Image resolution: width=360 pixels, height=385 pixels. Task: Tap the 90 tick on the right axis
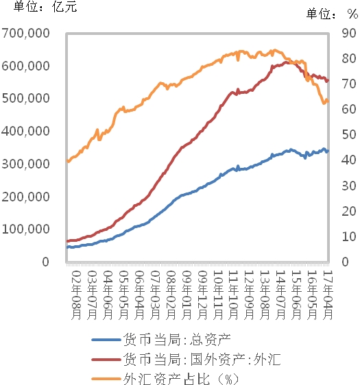(x=348, y=33)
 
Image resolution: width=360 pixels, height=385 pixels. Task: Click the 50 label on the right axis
(x=348, y=135)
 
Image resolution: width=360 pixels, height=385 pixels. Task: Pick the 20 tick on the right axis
(x=348, y=211)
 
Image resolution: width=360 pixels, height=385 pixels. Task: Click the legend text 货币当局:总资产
(x=176, y=340)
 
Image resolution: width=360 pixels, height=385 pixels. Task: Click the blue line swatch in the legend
(x=105, y=340)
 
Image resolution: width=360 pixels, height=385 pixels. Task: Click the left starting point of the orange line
(x=67, y=161)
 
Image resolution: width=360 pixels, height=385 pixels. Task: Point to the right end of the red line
(x=328, y=81)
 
